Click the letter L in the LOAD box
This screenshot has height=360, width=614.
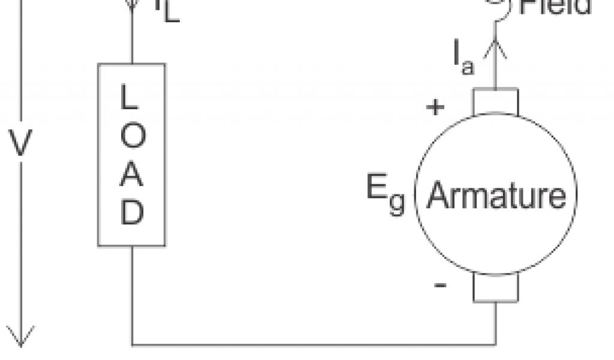[x=131, y=97]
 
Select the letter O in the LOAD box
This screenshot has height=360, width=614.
[x=132, y=137]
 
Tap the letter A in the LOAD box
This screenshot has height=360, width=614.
[x=132, y=175]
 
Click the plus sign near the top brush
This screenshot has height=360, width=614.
[x=435, y=108]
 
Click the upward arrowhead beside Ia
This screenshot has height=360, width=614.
[x=496, y=47]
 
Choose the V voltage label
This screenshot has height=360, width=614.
[x=20, y=144]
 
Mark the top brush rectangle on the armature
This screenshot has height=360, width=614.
[x=496, y=101]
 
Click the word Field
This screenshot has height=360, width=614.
[x=555, y=6]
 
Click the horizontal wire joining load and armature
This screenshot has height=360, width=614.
[x=312, y=345]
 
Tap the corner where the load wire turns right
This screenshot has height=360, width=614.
[x=132, y=345]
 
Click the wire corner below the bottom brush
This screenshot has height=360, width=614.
[x=496, y=345]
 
